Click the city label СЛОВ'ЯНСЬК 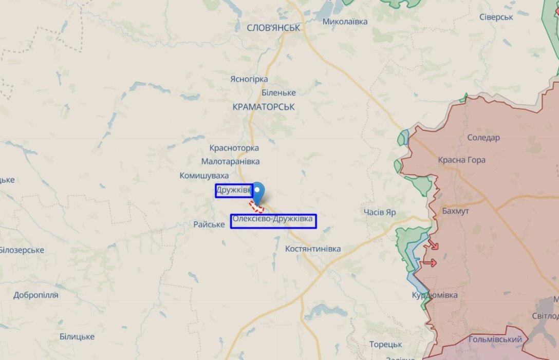(x=273, y=28)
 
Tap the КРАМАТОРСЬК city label (x=264, y=107)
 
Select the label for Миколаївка (x=345, y=22)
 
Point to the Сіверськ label (x=496, y=17)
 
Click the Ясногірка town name (x=249, y=79)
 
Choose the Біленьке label (x=278, y=93)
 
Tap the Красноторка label (x=234, y=148)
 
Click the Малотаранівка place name (x=231, y=161)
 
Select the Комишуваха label (x=204, y=176)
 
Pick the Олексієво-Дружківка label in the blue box (x=273, y=220)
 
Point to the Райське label (x=209, y=224)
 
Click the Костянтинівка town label (x=313, y=249)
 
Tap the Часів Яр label (x=380, y=212)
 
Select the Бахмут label (x=455, y=211)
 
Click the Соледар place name (x=483, y=138)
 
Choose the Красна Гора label (x=461, y=160)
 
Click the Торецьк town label (x=385, y=344)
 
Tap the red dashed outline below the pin (x=256, y=207)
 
